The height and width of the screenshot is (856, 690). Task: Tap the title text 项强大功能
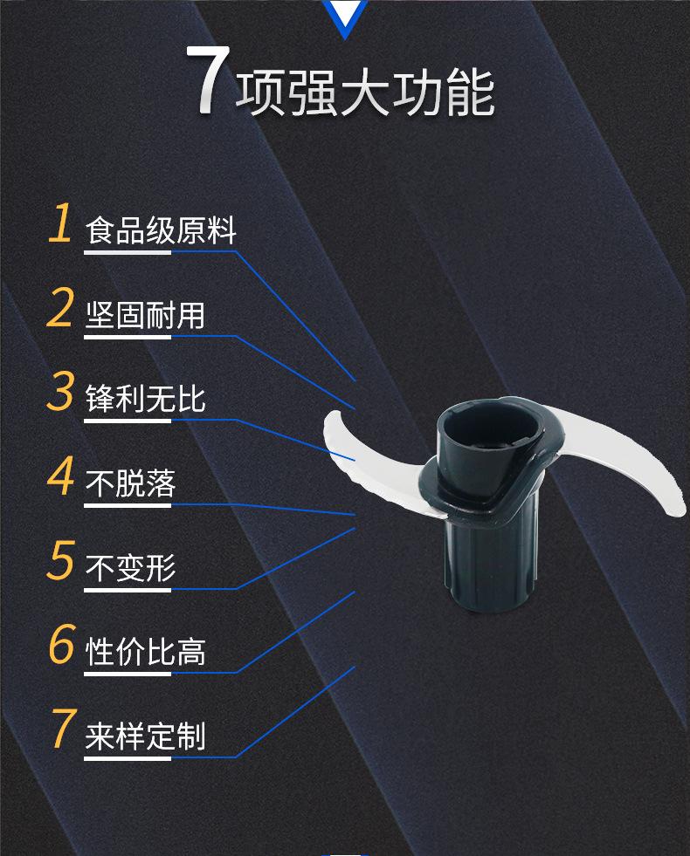click(x=365, y=92)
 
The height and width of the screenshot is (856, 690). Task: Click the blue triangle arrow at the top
click(x=345, y=17)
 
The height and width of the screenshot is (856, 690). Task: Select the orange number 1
click(x=60, y=223)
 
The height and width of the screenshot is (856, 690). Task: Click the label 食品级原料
click(x=161, y=231)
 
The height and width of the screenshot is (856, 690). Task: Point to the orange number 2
click(x=60, y=308)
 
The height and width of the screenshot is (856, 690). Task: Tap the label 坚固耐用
click(x=145, y=315)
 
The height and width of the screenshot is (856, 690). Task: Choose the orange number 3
click(x=60, y=392)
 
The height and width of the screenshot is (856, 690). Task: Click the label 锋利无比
click(x=145, y=399)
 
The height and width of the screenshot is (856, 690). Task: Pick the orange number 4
click(x=60, y=476)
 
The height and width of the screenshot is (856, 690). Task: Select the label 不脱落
click(x=130, y=483)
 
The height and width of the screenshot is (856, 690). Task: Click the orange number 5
click(x=60, y=560)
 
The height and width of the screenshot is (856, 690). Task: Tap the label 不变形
click(x=130, y=568)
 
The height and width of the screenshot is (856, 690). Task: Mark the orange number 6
click(x=60, y=645)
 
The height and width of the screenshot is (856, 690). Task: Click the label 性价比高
click(x=145, y=652)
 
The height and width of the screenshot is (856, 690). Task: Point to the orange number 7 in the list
click(x=60, y=729)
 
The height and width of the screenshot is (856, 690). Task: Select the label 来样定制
click(x=145, y=736)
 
